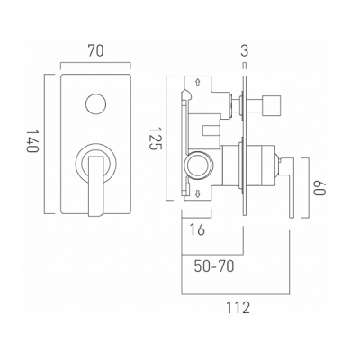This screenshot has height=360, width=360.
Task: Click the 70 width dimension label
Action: point(95,50)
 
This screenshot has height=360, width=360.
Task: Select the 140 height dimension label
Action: point(32,140)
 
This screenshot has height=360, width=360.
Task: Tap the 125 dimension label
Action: point(156,139)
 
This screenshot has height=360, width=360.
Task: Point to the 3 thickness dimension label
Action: point(245,50)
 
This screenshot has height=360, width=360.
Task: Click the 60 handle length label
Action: point(319,188)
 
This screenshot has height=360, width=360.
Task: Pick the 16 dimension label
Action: point(197,229)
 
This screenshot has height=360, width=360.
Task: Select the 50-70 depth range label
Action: point(214,265)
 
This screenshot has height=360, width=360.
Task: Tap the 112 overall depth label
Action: point(238,308)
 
